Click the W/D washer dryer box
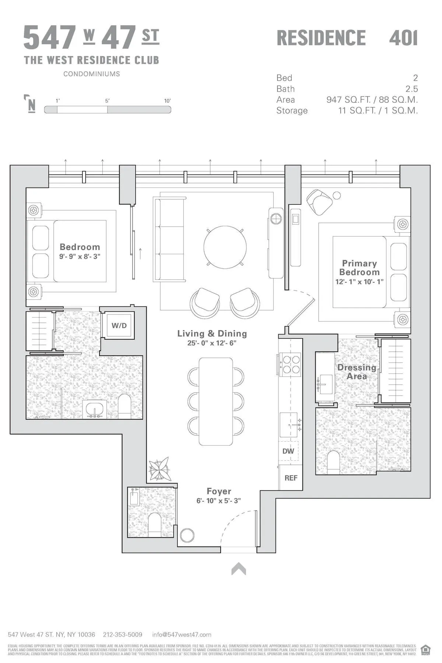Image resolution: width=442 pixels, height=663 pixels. click(119, 326)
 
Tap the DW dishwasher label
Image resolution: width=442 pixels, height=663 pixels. click(288, 451)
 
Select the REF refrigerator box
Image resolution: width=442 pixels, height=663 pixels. click(291, 478)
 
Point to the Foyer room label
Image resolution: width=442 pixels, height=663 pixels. click(219, 491)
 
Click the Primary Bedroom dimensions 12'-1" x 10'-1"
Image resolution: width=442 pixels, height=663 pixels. click(359, 282)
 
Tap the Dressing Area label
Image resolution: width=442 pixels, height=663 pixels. click(357, 372)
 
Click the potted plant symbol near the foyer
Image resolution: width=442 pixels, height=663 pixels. click(160, 469)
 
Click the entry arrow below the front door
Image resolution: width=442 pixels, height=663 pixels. click(239, 569)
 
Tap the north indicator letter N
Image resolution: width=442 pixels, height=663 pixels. click(32, 105)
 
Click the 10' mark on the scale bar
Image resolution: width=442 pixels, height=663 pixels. click(168, 101)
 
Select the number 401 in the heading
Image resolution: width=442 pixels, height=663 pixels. click(403, 38)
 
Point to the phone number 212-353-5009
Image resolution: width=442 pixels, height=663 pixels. click(123, 635)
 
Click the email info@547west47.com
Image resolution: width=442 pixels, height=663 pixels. click(182, 635)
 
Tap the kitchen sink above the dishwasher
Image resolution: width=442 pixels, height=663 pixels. click(288, 425)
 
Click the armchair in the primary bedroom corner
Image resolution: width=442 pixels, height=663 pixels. click(319, 202)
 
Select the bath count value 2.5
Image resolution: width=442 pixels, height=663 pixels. click(411, 89)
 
